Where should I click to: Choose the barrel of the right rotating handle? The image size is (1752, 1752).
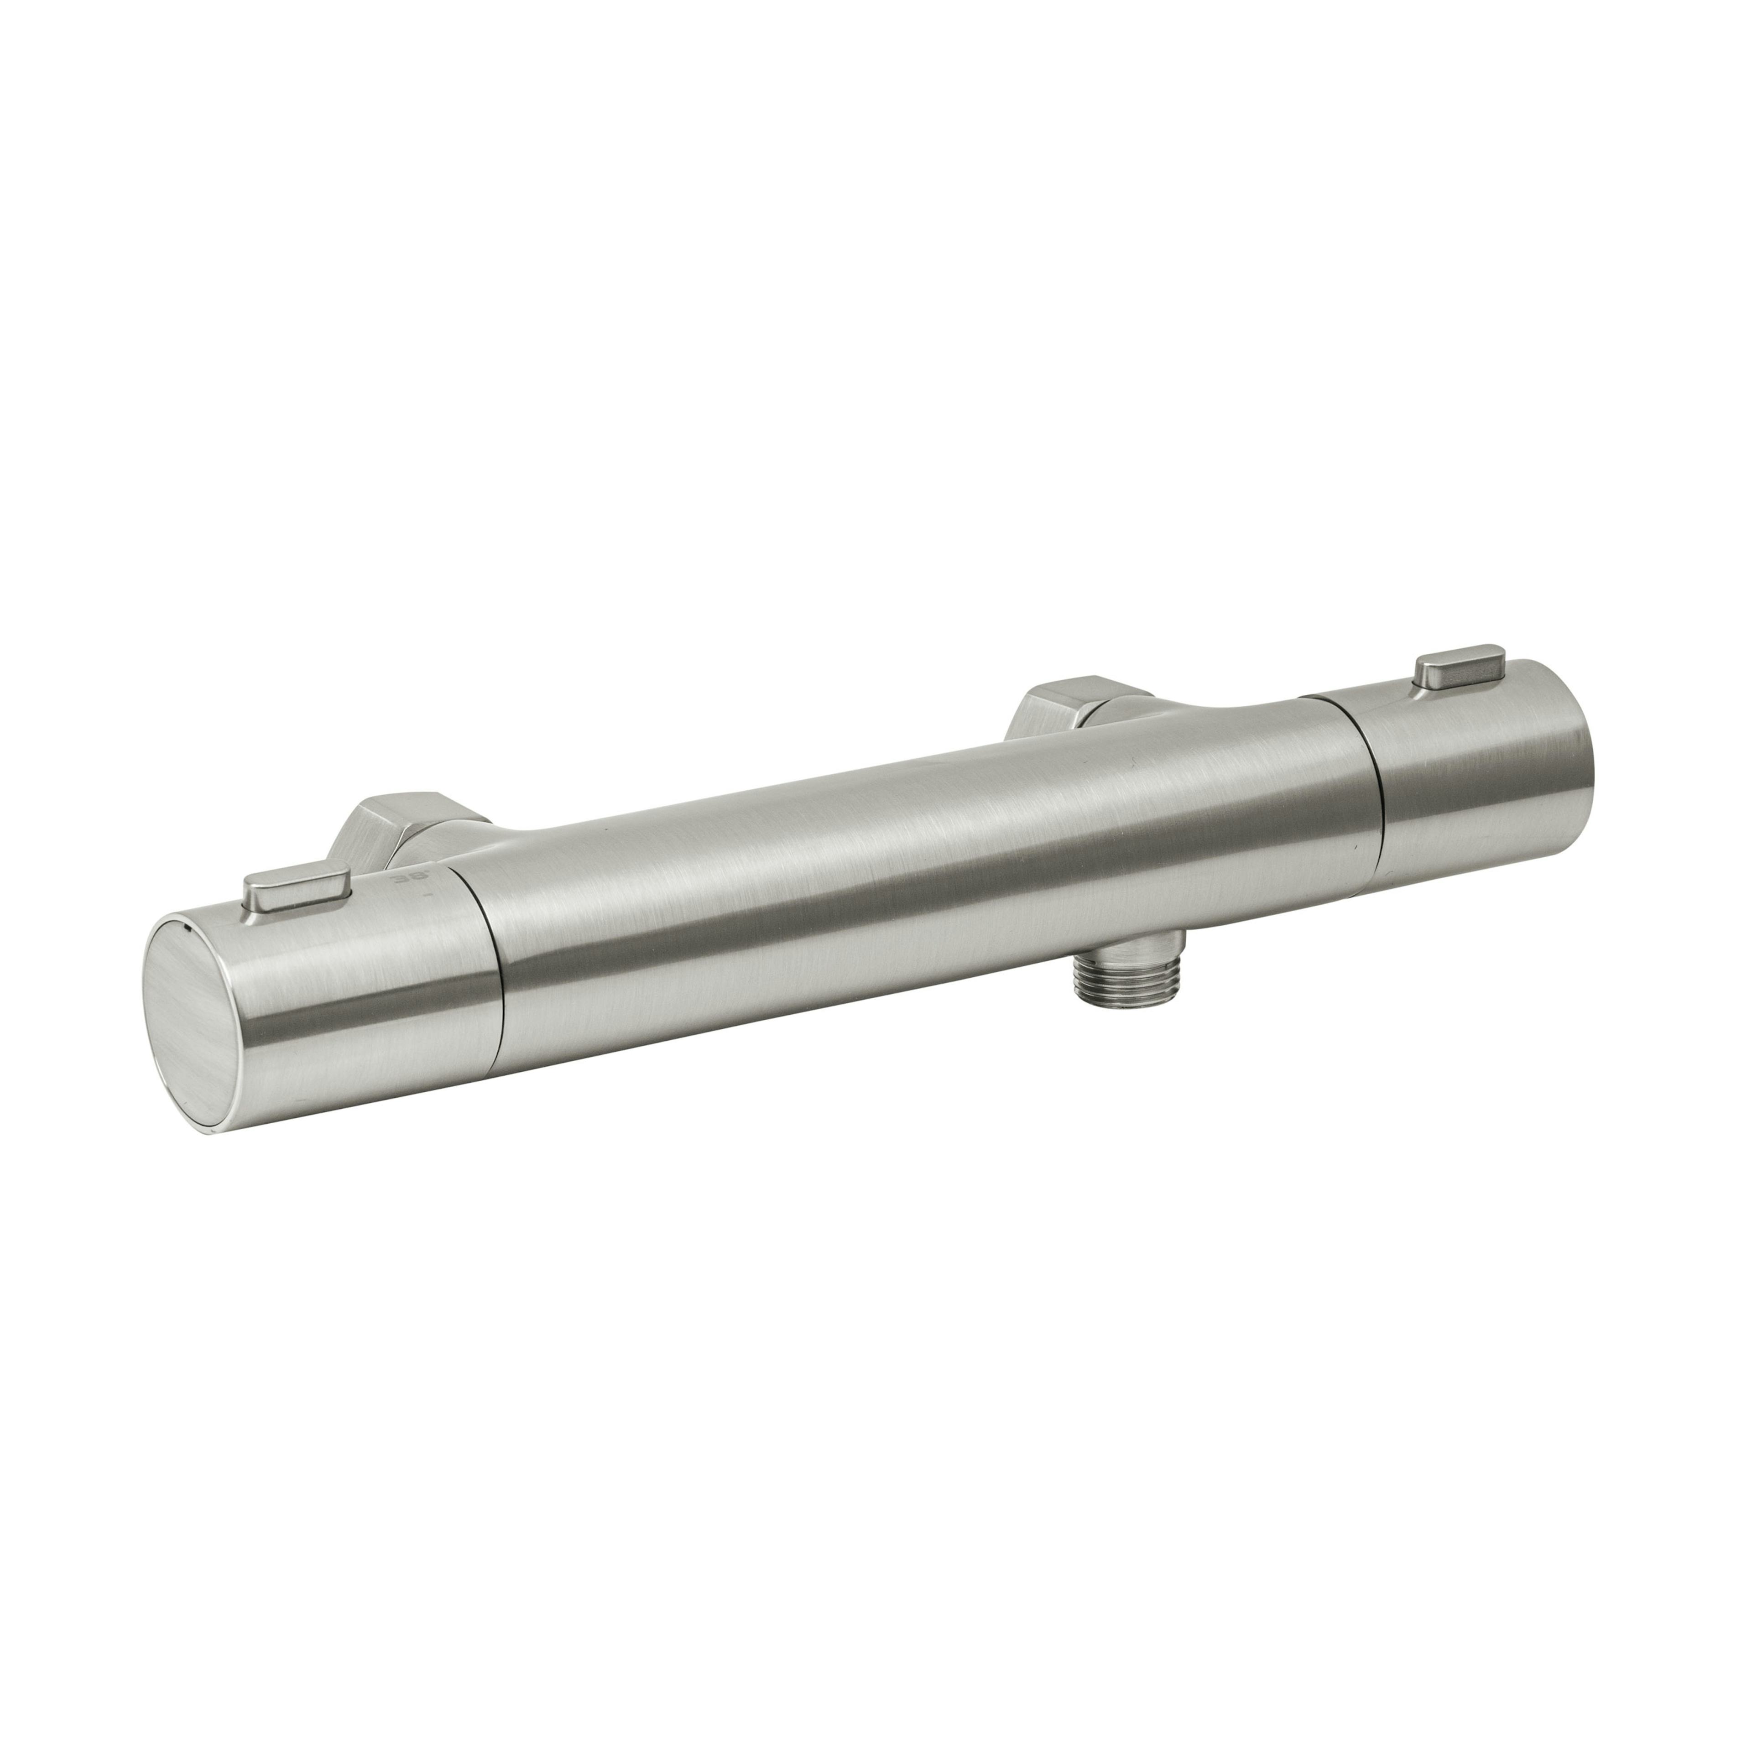(1487, 780)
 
